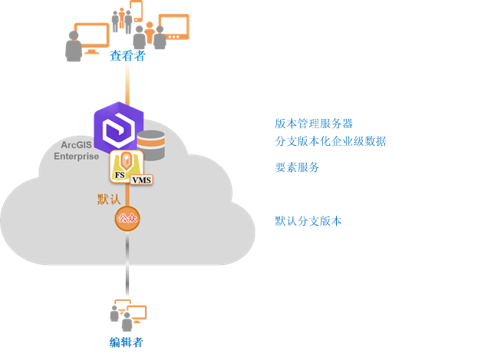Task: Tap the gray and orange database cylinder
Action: tap(151, 145)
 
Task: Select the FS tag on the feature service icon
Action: tap(119, 176)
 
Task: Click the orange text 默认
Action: tap(109, 200)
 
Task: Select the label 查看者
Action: tap(127, 57)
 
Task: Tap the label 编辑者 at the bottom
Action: tap(127, 342)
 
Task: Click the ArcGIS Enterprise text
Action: tap(76, 150)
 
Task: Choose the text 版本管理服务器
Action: tap(314, 124)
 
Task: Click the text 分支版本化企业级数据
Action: tap(330, 141)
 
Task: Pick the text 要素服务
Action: tap(297, 167)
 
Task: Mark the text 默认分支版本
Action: tap(308, 221)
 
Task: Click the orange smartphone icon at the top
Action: tap(136, 11)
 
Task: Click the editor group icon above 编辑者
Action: tap(127, 314)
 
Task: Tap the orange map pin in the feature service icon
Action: tap(126, 163)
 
